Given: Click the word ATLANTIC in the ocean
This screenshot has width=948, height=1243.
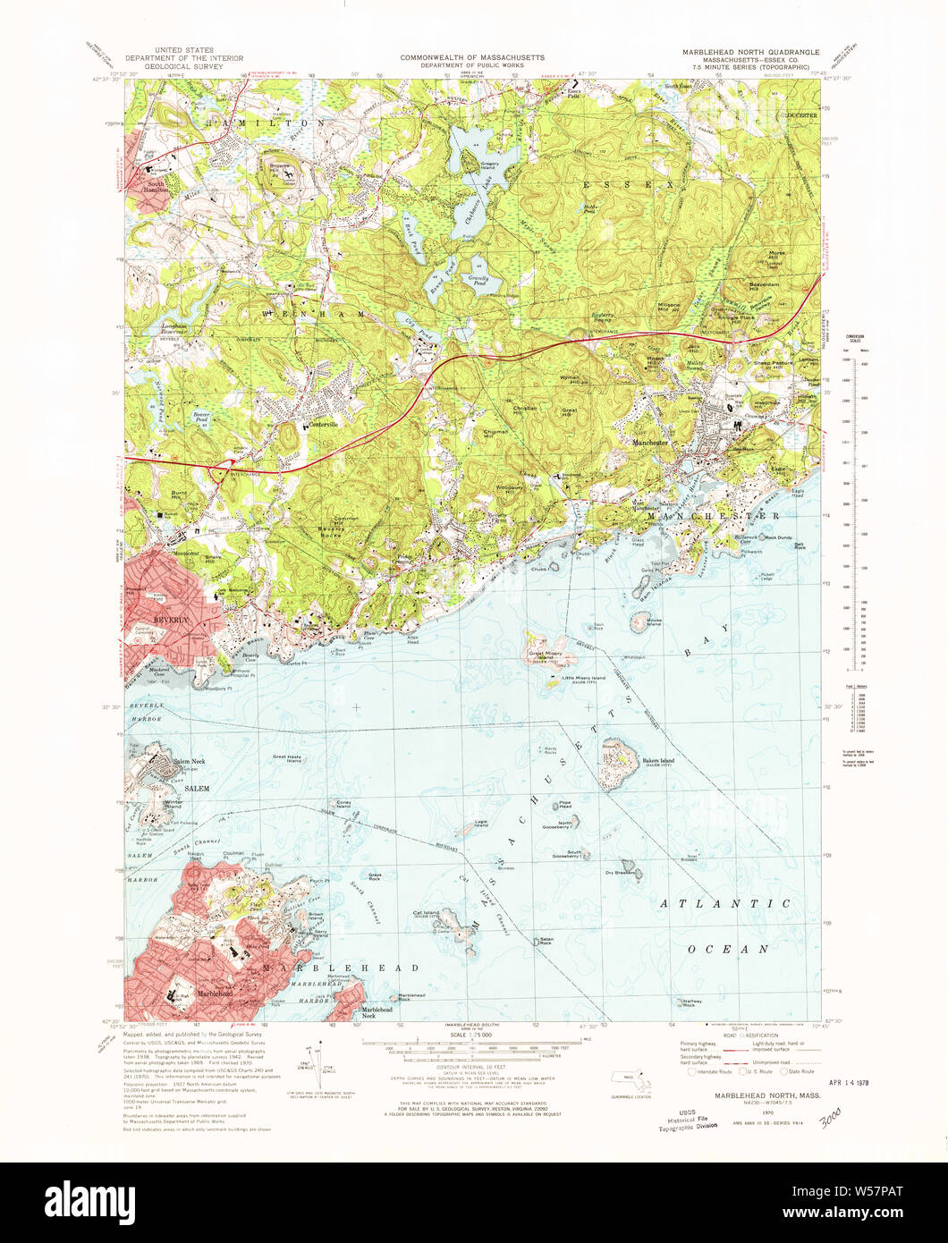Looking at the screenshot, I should [x=725, y=904].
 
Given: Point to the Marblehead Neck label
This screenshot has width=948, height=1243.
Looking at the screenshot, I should [x=377, y=1011].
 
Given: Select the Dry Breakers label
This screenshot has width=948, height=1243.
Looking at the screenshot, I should [x=619, y=873].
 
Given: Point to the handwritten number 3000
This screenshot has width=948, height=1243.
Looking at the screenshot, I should [x=829, y=1117].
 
